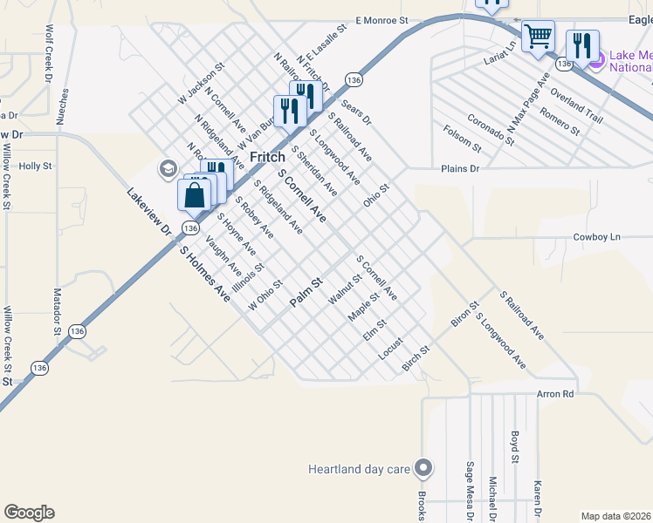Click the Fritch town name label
pos(268,157)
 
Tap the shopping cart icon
pos(539,37)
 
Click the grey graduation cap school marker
pos(168,169)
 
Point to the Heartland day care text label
pos(359,470)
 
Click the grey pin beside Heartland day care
pos(424,469)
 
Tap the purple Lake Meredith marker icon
pos(596,60)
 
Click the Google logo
pos(29,513)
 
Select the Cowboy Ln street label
pos(596,237)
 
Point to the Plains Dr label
pos(461,169)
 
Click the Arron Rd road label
pos(556,394)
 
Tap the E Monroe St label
pos(381,19)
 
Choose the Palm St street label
pos(306,291)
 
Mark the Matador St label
pos(58,311)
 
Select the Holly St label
pos(36,165)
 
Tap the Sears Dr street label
pos(356,112)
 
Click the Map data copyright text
pos(615,516)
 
